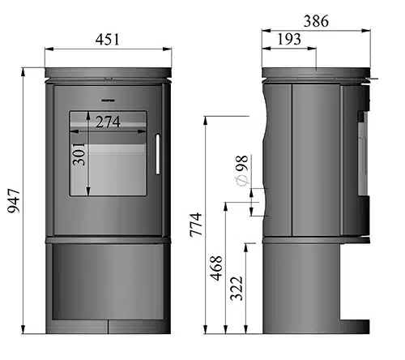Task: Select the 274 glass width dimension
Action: [109, 122]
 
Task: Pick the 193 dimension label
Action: [290, 39]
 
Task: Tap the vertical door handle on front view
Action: [157, 154]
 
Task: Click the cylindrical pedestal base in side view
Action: [300, 288]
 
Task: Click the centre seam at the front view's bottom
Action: [108, 327]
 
